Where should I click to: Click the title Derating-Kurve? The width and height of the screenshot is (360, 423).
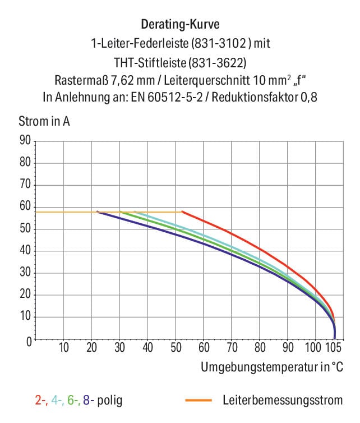coord(180,25)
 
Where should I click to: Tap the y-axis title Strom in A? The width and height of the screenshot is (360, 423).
coord(44,121)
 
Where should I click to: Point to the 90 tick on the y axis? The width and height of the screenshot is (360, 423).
coord(24,141)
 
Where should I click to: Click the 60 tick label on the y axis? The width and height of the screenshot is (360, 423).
coord(24,207)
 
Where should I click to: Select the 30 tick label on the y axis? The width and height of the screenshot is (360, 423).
coord(24,273)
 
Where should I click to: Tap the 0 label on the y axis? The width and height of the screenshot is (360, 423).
coord(27,340)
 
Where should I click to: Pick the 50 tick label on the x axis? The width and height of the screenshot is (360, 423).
coord(176,348)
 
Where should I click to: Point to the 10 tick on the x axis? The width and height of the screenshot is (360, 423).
coord(63,348)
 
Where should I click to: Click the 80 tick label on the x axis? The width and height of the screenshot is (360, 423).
coord(260,348)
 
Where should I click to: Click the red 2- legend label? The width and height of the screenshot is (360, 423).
coord(40,401)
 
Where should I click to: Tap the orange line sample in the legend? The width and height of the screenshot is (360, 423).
coord(199,401)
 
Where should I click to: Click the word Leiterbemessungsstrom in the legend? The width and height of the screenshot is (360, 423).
coord(282,401)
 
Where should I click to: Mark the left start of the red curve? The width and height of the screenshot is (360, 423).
coord(183,212)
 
